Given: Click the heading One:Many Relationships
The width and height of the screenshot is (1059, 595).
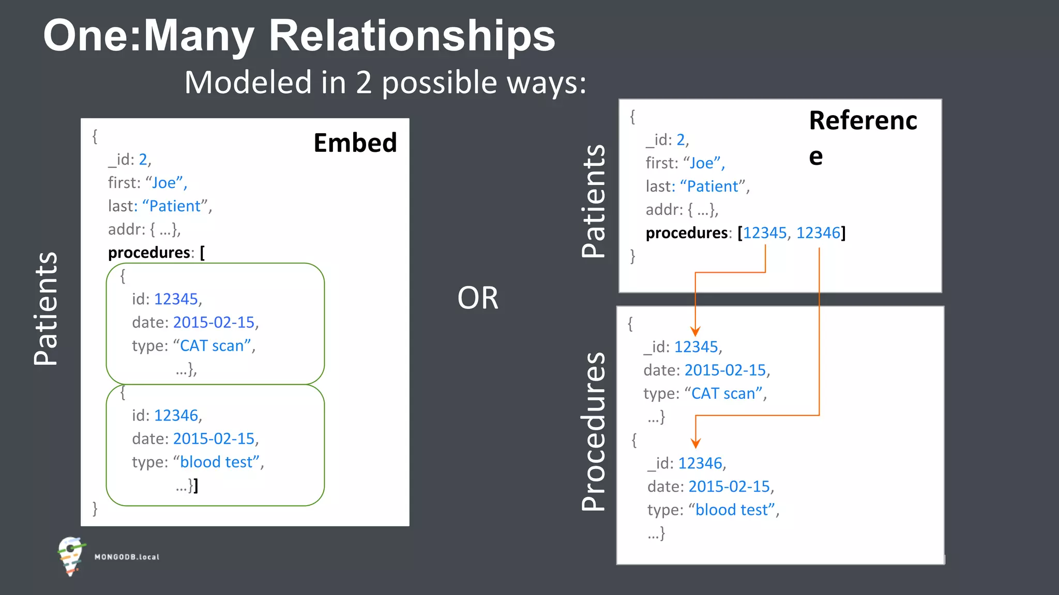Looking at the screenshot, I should point(299,36).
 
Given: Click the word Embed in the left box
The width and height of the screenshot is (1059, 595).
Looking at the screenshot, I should point(355,143).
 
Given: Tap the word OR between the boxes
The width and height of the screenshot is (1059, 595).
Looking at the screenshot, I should point(477,298).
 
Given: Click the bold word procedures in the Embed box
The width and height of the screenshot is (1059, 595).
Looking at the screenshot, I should point(149,253).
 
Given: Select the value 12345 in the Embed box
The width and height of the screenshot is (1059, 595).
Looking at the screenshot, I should point(176,299).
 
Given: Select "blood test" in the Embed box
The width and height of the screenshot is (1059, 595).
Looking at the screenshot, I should point(219,462).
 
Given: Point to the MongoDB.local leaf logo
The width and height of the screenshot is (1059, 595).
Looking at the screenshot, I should point(71,556).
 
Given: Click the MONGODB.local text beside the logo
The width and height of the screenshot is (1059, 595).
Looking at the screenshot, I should point(127,557).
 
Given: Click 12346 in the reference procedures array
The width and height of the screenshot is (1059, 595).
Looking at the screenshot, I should point(818,233).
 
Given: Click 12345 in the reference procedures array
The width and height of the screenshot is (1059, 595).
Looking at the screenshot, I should point(764,233).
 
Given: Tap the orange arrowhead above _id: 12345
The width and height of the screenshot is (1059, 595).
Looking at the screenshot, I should point(695,331).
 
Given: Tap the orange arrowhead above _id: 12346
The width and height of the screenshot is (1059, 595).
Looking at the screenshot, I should point(696,443).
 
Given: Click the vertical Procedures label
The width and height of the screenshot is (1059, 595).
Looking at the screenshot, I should point(594,432).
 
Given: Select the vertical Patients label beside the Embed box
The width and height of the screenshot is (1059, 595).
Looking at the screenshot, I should point(46,308).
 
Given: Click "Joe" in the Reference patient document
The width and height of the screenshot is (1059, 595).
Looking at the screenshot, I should point(701,163).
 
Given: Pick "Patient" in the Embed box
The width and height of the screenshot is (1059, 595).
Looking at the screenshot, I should point(174,206).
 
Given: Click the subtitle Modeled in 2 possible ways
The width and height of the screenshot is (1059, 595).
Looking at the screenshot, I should point(385,83).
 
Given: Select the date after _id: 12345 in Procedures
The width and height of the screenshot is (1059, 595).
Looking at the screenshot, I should point(725,370).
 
